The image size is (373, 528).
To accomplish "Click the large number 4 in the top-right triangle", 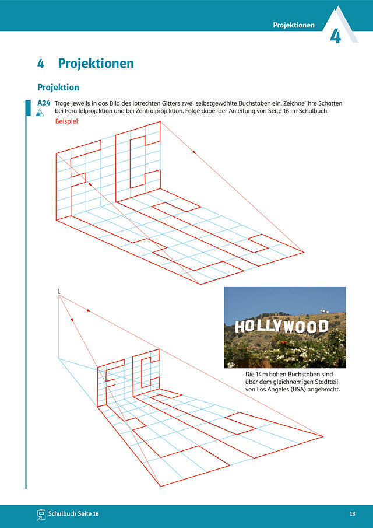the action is point(335,37).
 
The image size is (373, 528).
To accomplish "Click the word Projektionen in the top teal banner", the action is point(294,25).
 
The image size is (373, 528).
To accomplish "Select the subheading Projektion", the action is point(58,88).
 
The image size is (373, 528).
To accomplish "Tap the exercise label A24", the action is point(44,103).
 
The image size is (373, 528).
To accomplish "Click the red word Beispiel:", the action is point(67,121).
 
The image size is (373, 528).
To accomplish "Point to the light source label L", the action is point(59,291).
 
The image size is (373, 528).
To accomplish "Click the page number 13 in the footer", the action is point(352,514).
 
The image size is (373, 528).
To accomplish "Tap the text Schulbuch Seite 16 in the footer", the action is point(73,514).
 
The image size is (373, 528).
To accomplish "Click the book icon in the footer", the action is point(41,514).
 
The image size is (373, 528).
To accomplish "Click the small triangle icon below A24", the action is point(40,113).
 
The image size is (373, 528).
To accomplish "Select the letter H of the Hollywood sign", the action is point(239,327).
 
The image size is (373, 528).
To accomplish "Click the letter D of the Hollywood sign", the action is point(323,326).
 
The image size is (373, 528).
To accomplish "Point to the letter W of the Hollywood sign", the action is point(288,327).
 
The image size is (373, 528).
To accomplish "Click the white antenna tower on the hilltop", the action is point(324,310).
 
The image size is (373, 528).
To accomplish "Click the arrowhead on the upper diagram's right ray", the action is point(194,152).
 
